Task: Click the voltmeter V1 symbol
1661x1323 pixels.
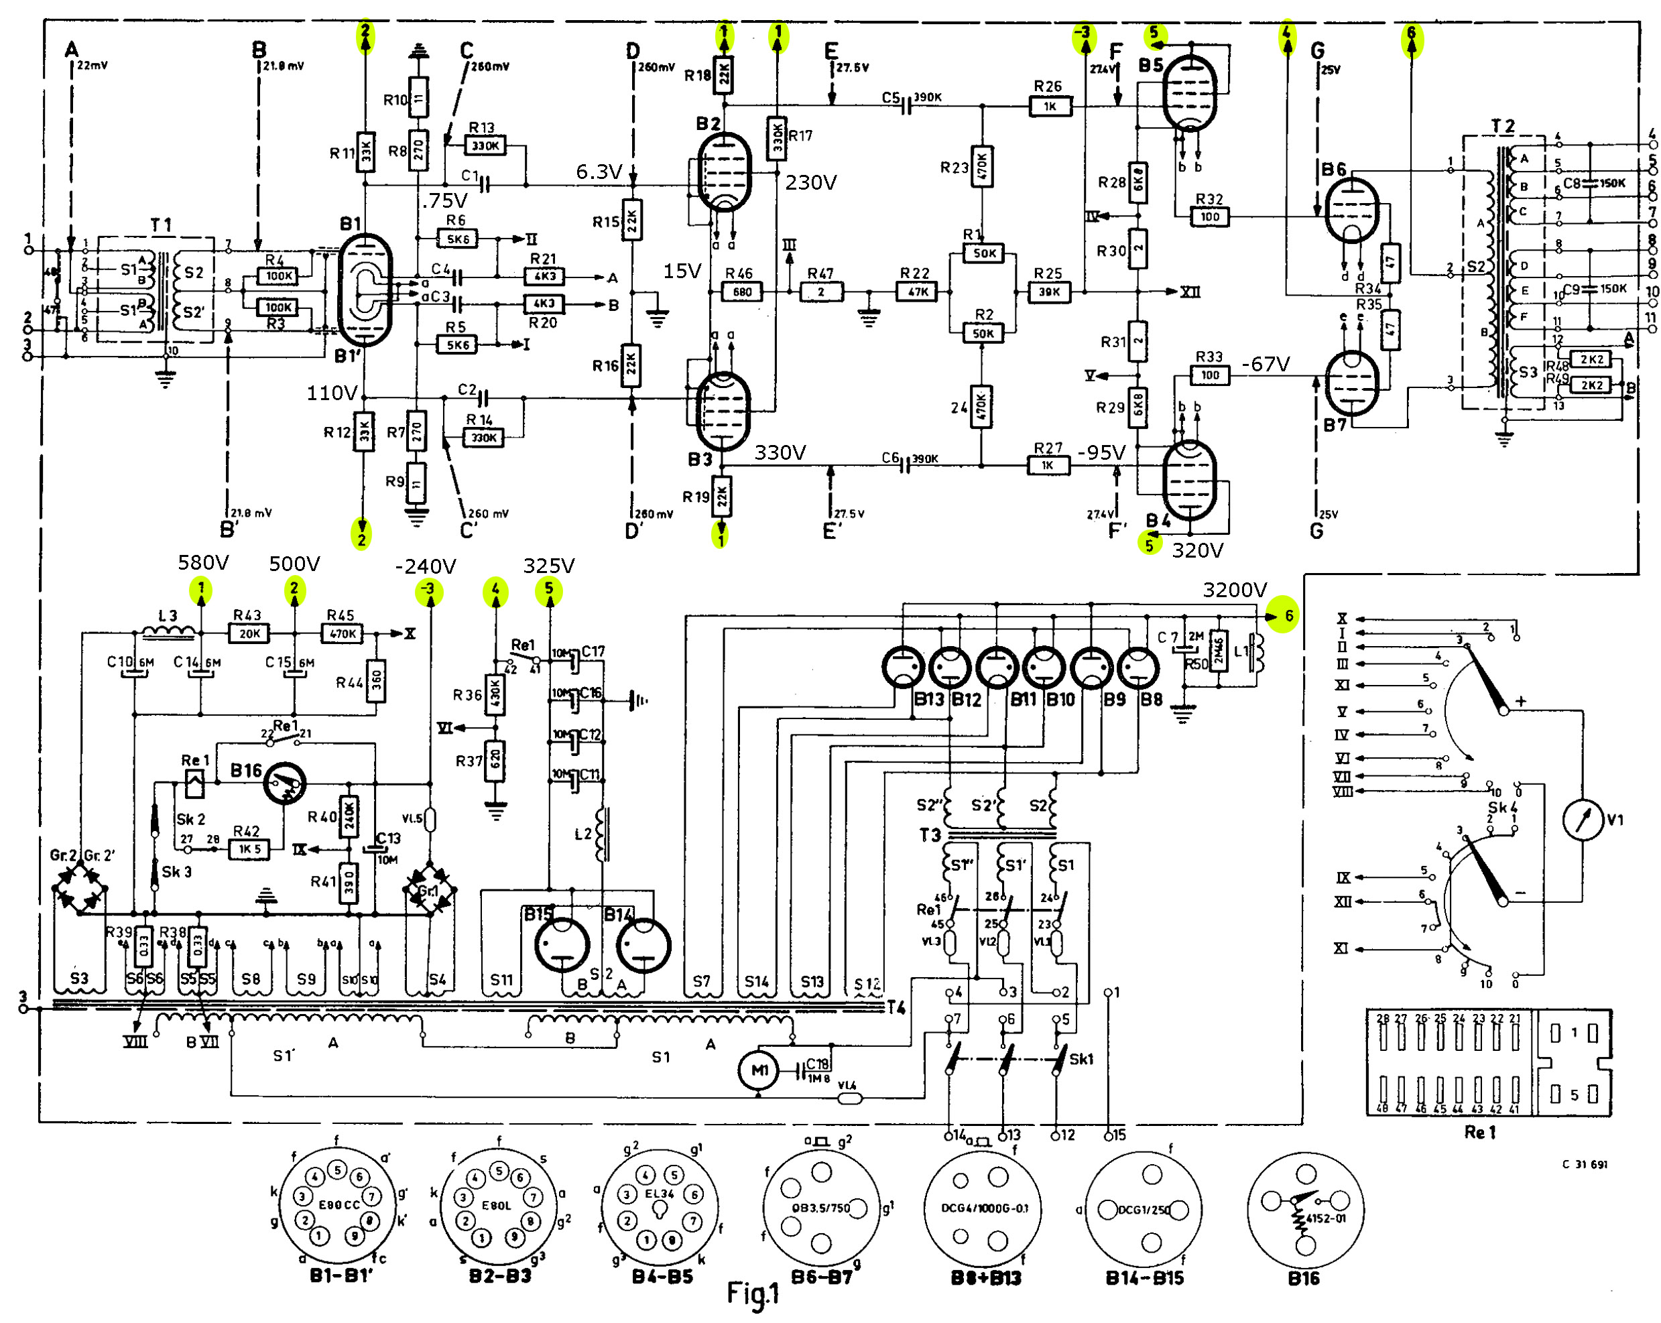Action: [1583, 820]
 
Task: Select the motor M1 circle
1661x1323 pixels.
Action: [759, 1070]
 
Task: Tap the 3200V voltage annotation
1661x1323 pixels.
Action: [1234, 590]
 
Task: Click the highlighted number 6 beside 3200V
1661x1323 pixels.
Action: [1288, 616]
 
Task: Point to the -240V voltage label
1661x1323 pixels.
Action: [425, 566]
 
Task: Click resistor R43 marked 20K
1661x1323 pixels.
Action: [249, 633]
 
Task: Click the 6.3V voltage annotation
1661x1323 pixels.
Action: [599, 172]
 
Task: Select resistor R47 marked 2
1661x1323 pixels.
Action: [821, 292]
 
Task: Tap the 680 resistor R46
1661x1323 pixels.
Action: [742, 292]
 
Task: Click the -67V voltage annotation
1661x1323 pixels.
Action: [1265, 364]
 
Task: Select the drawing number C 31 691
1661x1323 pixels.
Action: [1585, 1164]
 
